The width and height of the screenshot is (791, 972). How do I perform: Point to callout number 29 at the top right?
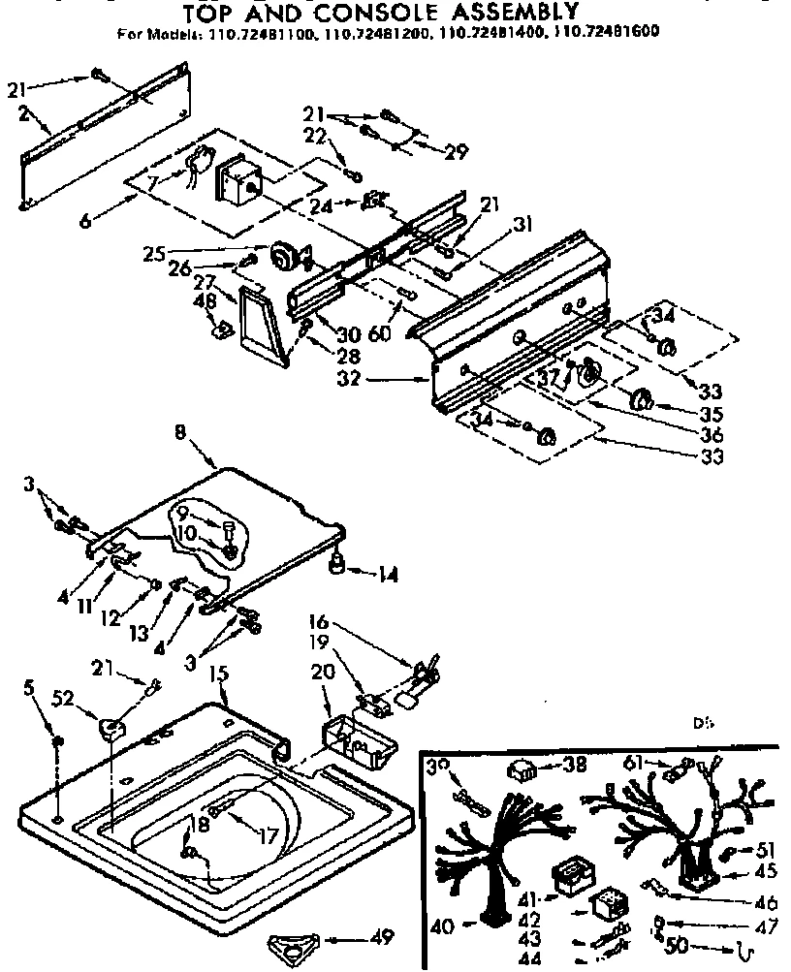click(x=456, y=150)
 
